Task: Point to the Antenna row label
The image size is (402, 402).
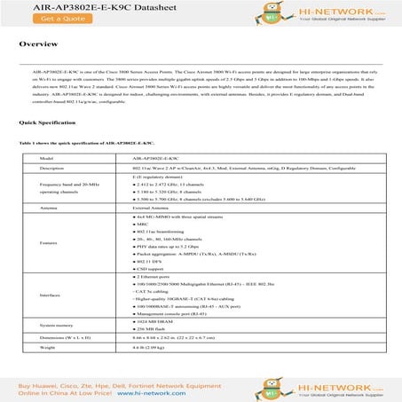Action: point(51,209)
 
